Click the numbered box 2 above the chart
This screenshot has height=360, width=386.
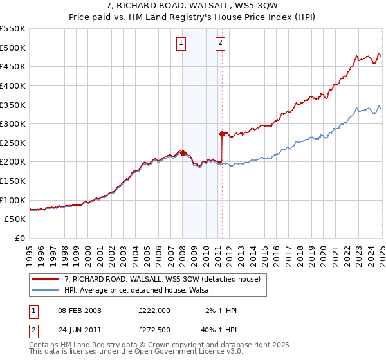click(x=220, y=43)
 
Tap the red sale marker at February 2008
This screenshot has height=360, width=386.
click(x=183, y=153)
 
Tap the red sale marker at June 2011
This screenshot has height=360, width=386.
click(x=222, y=134)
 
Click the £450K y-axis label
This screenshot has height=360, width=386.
click(x=13, y=66)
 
